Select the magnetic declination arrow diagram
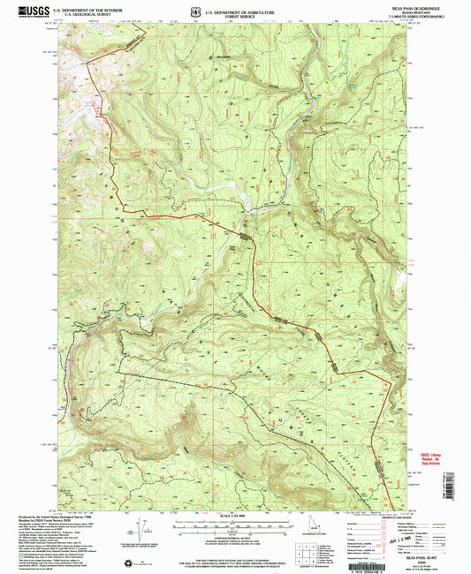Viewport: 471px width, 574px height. (x=141, y=530)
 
